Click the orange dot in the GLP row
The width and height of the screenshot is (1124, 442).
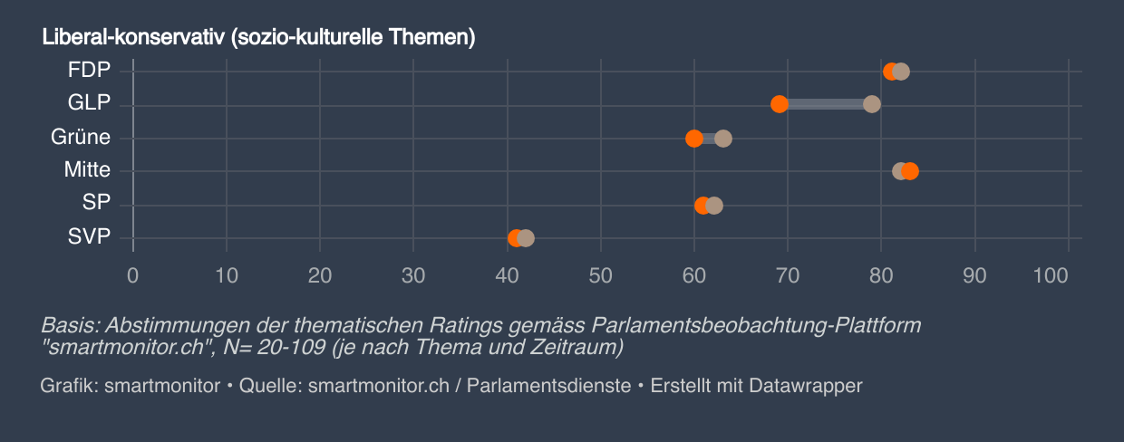(x=779, y=104)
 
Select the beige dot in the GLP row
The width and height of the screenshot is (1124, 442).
(x=872, y=104)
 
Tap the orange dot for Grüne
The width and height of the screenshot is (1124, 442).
(x=693, y=139)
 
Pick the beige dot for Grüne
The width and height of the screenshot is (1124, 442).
(x=723, y=139)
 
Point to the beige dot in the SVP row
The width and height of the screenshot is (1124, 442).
(x=527, y=238)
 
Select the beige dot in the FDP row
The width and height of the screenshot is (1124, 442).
(x=901, y=72)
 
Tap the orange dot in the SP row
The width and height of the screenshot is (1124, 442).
(x=702, y=206)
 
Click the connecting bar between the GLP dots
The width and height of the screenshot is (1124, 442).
(x=825, y=104)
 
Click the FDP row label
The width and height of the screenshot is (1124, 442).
(x=89, y=71)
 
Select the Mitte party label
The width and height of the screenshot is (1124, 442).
(x=87, y=170)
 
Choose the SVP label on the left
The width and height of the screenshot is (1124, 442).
(x=89, y=237)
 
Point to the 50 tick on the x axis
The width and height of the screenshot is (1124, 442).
(x=600, y=275)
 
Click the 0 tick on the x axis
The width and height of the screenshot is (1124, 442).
(x=133, y=275)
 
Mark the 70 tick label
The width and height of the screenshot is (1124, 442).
(x=788, y=275)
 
